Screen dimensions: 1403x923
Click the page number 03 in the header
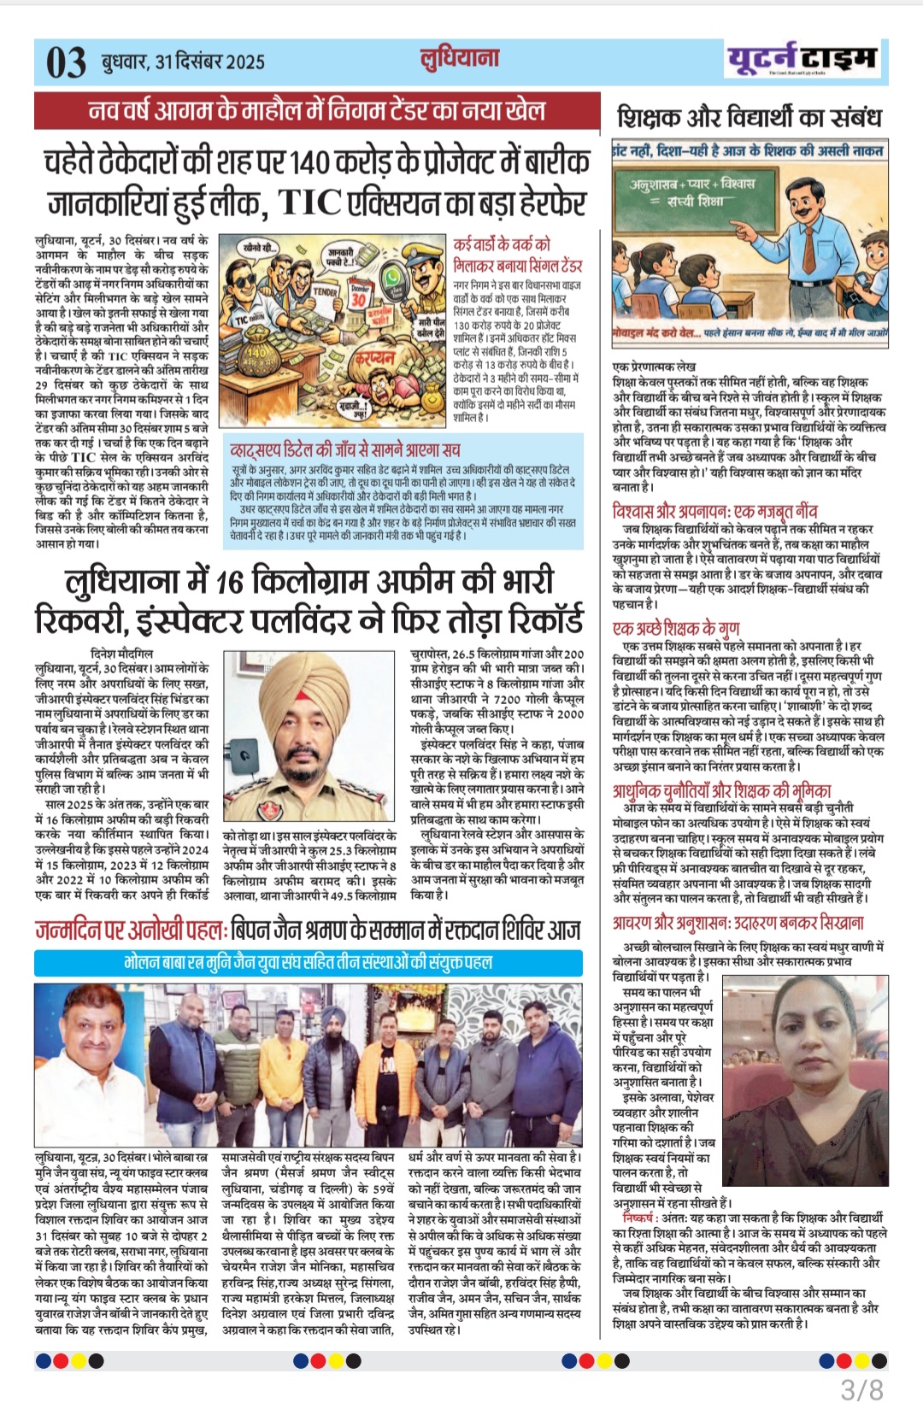tap(66, 63)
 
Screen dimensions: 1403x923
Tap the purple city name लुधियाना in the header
tap(460, 58)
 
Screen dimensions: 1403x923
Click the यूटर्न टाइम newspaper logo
tap(801, 59)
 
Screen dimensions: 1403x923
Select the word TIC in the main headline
tap(309, 203)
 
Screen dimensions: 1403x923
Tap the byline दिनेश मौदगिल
tap(122, 654)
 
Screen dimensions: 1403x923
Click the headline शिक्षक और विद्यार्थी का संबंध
tap(749, 117)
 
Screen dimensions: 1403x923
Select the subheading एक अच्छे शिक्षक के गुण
tap(676, 628)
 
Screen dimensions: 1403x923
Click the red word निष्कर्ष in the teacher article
tap(638, 1218)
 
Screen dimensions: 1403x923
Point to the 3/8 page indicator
tap(861, 1388)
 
